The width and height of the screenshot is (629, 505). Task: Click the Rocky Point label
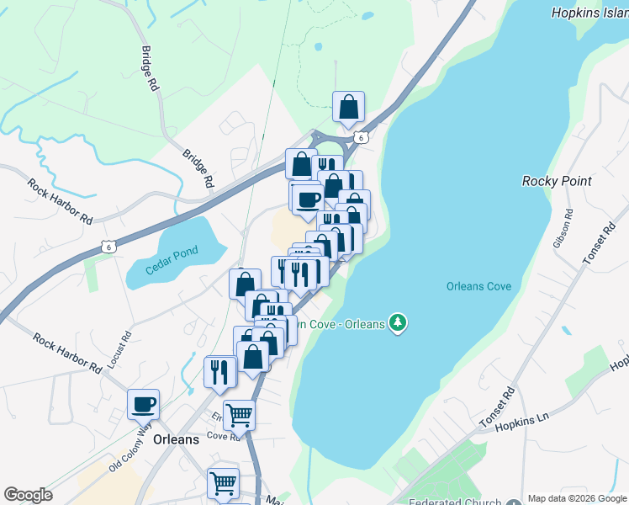pyautogui.click(x=557, y=181)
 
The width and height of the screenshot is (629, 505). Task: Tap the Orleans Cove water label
pyautogui.click(x=478, y=286)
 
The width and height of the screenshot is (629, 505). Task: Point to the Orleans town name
pyautogui.click(x=177, y=439)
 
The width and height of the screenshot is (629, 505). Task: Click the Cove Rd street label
pyautogui.click(x=224, y=437)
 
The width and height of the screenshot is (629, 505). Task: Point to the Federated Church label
pyautogui.click(x=453, y=500)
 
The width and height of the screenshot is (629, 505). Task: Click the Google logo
pyautogui.click(x=28, y=495)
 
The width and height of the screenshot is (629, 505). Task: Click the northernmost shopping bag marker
pyautogui.click(x=348, y=107)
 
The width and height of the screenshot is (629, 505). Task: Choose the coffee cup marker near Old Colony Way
pyautogui.click(x=144, y=404)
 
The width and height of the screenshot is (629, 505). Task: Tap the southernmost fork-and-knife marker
pyautogui.click(x=219, y=371)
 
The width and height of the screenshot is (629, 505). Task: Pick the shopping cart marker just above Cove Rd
pyautogui.click(x=240, y=414)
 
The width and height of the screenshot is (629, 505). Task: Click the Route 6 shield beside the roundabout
pyautogui.click(x=360, y=137)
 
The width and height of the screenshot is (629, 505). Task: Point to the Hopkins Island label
pyautogui.click(x=589, y=13)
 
